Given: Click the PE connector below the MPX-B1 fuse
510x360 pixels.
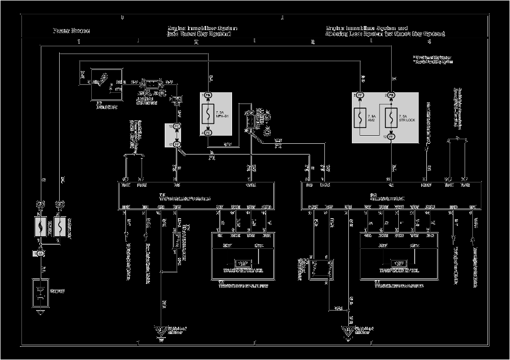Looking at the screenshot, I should point(208,133).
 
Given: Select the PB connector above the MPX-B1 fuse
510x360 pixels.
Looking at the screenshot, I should point(208,95).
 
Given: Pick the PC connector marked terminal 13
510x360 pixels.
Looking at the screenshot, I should point(177,125).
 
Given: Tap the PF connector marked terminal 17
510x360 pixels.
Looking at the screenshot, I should point(177,145).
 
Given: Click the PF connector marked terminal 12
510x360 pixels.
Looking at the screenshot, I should point(391,137).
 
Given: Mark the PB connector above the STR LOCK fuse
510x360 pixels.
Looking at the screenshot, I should point(391,95).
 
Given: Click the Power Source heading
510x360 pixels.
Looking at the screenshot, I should point(71,31).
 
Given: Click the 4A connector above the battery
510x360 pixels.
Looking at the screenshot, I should point(40,253).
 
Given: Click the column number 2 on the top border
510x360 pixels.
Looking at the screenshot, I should point(196,42).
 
